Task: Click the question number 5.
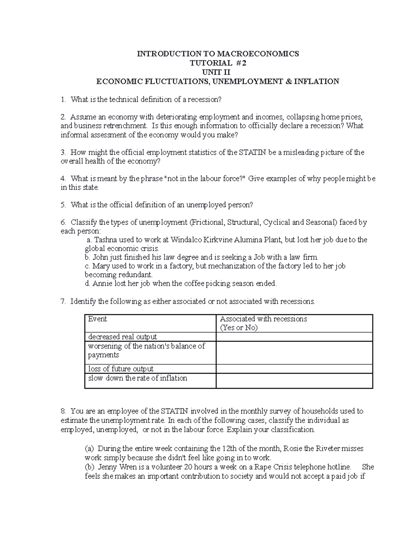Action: point(63,205)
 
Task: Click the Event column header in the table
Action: point(98,319)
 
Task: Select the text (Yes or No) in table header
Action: point(239,328)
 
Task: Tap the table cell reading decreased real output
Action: point(123,337)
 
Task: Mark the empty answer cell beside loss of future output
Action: point(294,369)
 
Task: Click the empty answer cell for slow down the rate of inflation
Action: point(294,381)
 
